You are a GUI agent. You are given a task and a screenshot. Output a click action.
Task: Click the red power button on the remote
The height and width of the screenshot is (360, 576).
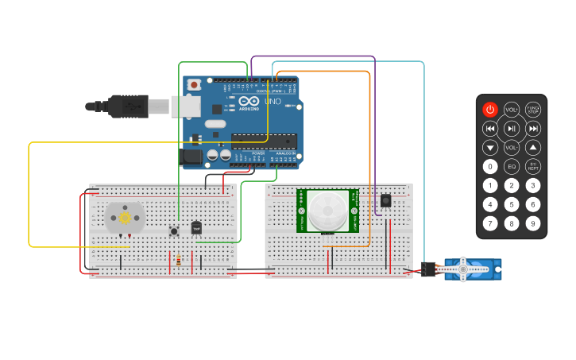click(x=490, y=109)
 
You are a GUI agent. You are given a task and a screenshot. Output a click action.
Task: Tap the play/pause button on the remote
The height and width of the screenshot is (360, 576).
click(x=512, y=129)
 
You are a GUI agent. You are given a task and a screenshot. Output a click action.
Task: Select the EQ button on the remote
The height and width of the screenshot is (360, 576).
click(x=512, y=166)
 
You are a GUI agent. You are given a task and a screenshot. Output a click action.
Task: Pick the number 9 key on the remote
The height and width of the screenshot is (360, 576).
click(x=533, y=223)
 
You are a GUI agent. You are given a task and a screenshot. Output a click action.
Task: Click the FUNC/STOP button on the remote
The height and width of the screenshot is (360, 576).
click(x=533, y=109)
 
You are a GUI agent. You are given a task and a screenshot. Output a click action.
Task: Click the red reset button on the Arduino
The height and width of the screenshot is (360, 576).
click(x=193, y=83)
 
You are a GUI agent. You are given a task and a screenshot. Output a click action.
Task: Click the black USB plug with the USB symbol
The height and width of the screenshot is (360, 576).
click(x=127, y=105)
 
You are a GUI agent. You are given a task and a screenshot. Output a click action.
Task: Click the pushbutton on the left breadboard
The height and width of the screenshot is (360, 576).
click(x=174, y=231)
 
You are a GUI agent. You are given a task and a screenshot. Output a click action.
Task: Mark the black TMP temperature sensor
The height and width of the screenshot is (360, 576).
click(x=196, y=228)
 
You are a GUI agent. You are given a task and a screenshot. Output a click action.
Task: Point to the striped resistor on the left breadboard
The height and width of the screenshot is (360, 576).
click(x=178, y=260)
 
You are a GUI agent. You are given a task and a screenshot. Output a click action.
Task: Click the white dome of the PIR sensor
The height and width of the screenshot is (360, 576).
click(x=327, y=210)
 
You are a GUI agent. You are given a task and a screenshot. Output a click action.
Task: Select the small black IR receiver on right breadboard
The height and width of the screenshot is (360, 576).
click(x=385, y=200)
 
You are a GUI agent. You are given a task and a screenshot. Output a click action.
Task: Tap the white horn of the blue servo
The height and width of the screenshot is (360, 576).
click(x=464, y=270)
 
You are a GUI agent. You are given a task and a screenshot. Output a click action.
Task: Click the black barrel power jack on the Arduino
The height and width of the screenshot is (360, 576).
click(x=192, y=157)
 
